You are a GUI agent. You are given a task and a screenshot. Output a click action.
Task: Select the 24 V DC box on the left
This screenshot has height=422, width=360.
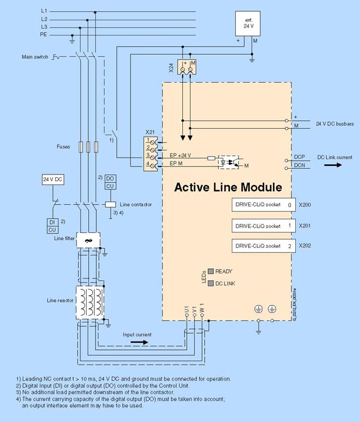pos(52,179)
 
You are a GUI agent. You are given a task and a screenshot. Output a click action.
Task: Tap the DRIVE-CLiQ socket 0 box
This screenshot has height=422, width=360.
pos(263,205)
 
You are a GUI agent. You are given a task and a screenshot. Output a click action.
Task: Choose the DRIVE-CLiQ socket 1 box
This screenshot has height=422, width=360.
pos(263,226)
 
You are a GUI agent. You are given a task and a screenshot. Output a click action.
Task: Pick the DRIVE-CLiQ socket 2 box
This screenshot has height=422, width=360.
pos(263,246)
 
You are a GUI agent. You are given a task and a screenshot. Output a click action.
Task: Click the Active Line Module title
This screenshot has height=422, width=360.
pos(228,187)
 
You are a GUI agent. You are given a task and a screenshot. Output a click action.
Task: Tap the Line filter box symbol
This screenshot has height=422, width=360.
pos(87,241)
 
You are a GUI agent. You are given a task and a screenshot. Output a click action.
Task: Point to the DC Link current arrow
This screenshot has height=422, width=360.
pos(334,165)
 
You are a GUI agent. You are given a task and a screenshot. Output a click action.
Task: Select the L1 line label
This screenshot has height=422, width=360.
pos(44,11)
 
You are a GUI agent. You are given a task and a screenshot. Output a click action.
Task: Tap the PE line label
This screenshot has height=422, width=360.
pos(44,34)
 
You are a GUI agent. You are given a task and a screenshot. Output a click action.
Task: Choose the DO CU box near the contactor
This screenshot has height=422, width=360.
pos(110,182)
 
